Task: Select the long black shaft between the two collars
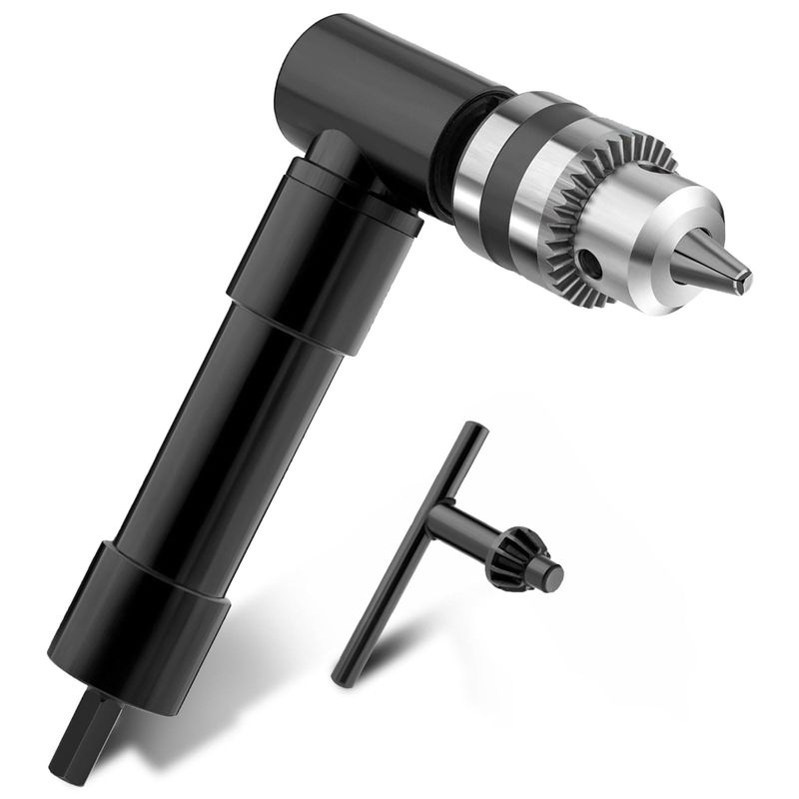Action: [x=230, y=419]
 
